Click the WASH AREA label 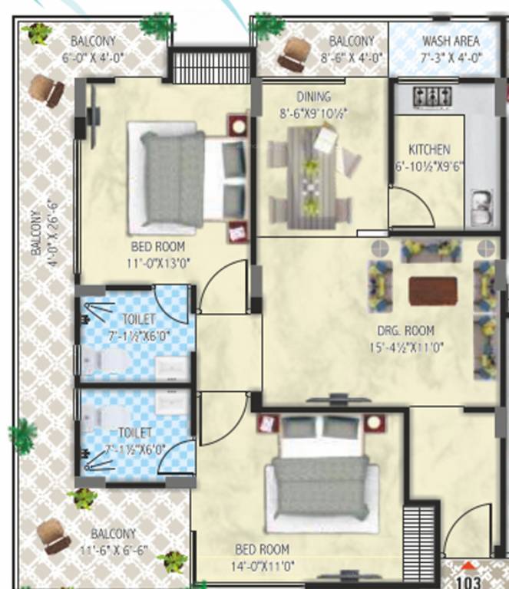(451, 41)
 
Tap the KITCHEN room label (429, 150)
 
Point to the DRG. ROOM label (405, 331)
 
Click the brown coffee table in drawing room (433, 291)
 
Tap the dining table (311, 176)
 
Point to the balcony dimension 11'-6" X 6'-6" (114, 548)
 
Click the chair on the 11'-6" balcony (55, 534)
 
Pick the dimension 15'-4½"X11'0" (406, 346)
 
